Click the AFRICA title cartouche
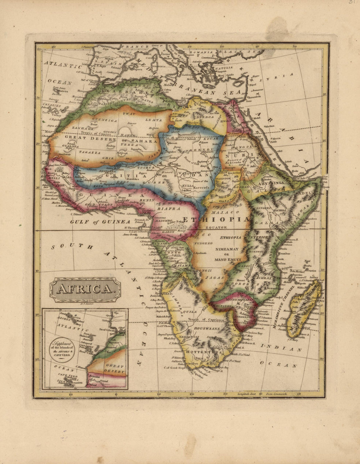(x=85, y=289)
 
